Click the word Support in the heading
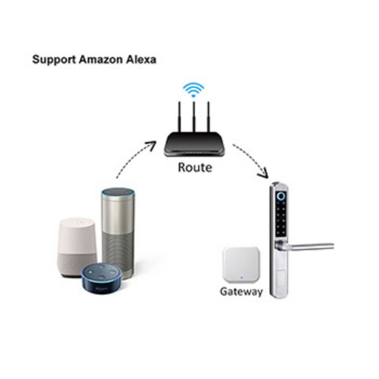pyautogui.click(x=54, y=60)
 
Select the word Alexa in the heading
pyautogui.click(x=141, y=60)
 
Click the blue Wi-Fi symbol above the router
pyautogui.click(x=193, y=90)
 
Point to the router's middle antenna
pyautogui.click(x=193, y=117)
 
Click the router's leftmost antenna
pyautogui.click(x=179, y=117)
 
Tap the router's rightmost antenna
pyautogui.click(x=208, y=117)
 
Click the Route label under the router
pyautogui.click(x=195, y=167)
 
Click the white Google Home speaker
pyautogui.click(x=77, y=247)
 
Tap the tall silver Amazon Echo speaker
pyautogui.click(x=118, y=232)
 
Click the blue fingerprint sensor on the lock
pyautogui.click(x=281, y=196)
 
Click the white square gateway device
pyautogui.click(x=242, y=265)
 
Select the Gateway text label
pyautogui.click(x=241, y=291)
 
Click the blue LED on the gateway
pyautogui.click(x=242, y=278)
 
